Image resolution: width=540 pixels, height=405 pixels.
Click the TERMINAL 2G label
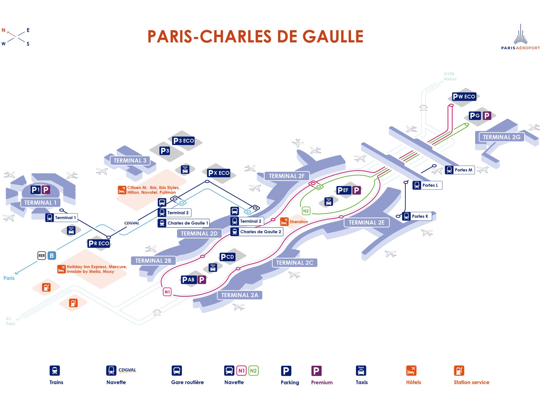(x=501, y=137)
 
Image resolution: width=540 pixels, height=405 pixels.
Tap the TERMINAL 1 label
(x=40, y=202)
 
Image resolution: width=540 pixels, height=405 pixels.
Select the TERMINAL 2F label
(x=287, y=176)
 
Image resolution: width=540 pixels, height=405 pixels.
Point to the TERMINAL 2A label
(x=240, y=295)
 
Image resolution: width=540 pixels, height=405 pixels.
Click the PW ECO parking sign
(x=464, y=96)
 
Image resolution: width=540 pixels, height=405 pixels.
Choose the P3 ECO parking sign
(x=184, y=141)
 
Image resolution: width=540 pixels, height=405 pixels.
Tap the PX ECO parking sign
(x=219, y=173)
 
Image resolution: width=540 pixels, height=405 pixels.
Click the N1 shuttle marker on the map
(x=167, y=292)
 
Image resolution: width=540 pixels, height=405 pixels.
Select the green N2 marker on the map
(x=306, y=211)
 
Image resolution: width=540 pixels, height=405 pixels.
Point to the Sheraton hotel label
(x=298, y=222)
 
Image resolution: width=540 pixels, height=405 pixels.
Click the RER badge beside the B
(x=42, y=255)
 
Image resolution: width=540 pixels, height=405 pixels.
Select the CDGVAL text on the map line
(x=132, y=223)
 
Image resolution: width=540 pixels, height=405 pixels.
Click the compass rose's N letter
(x=4, y=30)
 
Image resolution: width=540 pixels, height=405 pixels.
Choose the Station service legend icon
(x=459, y=371)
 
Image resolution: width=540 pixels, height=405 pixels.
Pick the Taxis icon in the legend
(x=361, y=371)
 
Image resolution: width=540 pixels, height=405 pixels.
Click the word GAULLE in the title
(x=333, y=37)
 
